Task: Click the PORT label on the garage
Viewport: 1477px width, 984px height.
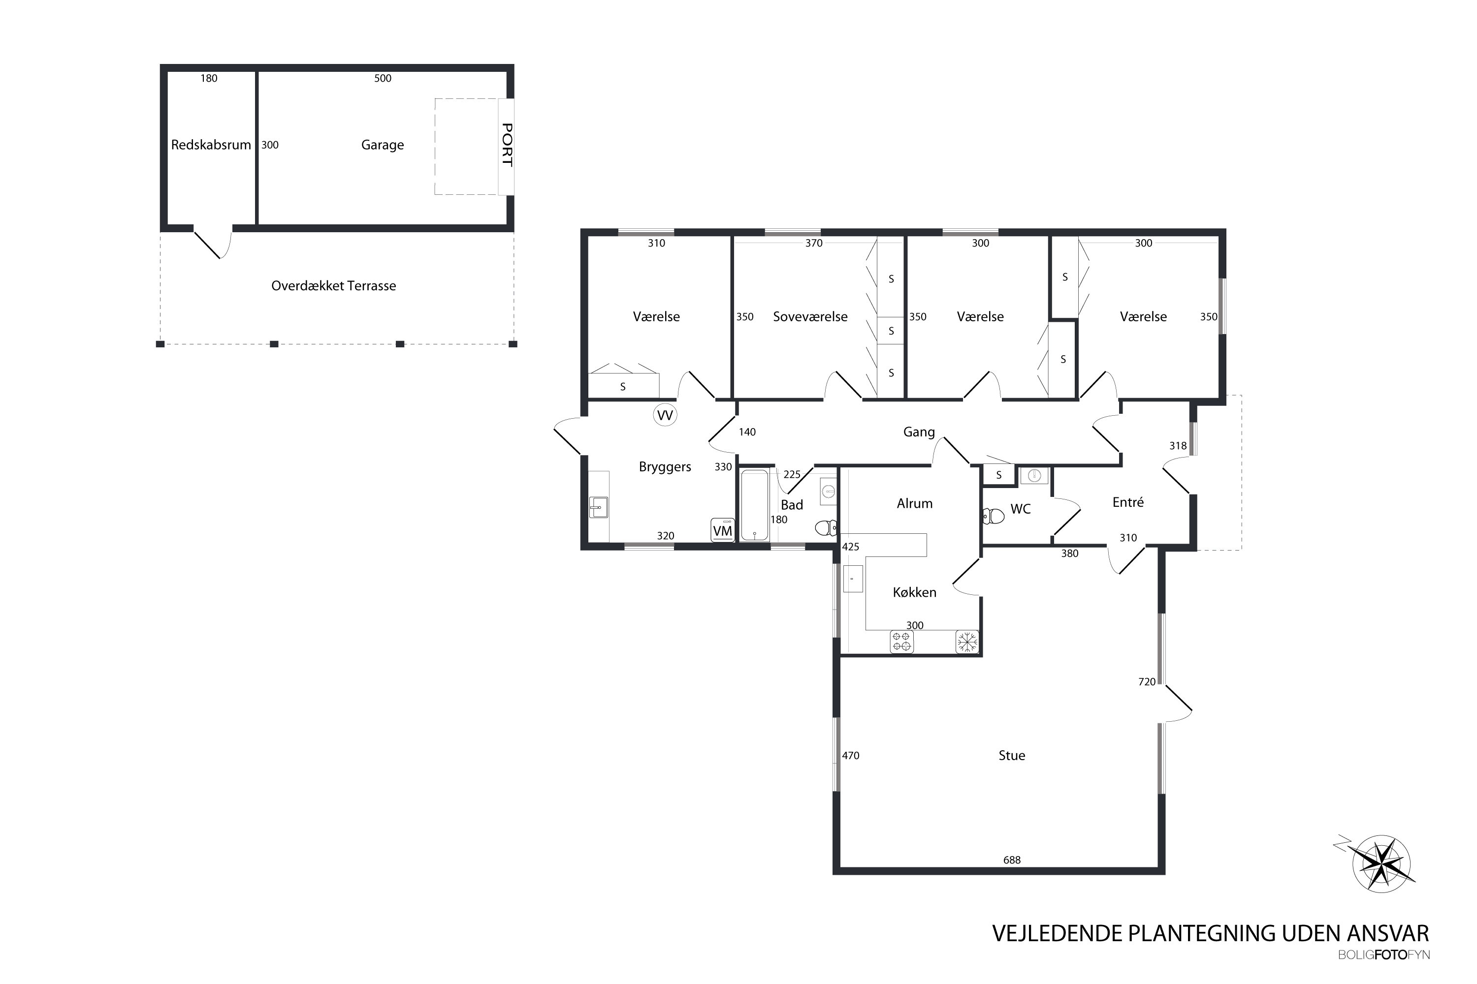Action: click(x=506, y=145)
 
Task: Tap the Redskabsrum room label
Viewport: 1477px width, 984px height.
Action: click(x=211, y=145)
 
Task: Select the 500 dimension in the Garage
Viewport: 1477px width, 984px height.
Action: click(x=383, y=78)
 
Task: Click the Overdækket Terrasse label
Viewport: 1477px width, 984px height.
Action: click(x=333, y=286)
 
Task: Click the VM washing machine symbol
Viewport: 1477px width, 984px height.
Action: click(x=722, y=531)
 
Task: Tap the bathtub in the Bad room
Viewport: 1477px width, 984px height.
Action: click(x=754, y=505)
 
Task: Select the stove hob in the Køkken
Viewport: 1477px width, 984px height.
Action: click(x=901, y=642)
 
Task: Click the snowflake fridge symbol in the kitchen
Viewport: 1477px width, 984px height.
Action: click(x=966, y=642)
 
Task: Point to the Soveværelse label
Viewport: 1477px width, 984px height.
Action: click(x=810, y=317)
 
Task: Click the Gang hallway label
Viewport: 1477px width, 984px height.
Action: click(x=919, y=432)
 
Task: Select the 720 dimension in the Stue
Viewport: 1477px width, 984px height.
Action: click(x=1147, y=681)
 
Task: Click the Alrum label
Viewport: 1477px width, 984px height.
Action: click(x=914, y=503)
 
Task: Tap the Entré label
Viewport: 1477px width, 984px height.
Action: click(x=1128, y=502)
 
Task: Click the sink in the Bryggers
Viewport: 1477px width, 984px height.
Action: click(x=599, y=506)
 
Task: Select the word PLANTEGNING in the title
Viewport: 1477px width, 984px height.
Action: click(x=1202, y=934)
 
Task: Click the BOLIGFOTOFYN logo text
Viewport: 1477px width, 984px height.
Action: click(x=1383, y=955)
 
